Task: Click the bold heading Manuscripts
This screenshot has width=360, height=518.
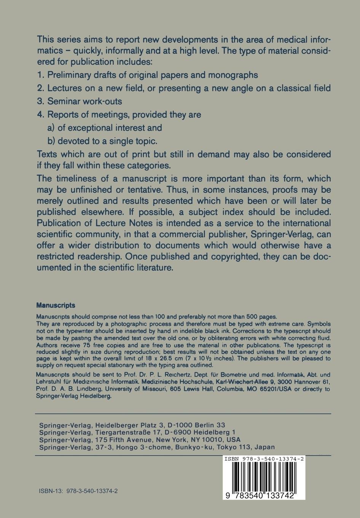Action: tap(56, 305)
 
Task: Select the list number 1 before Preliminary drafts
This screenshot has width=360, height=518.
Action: tap(40, 75)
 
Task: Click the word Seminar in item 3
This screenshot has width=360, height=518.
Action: tap(64, 101)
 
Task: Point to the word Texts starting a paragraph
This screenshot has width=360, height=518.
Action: tap(48, 154)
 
